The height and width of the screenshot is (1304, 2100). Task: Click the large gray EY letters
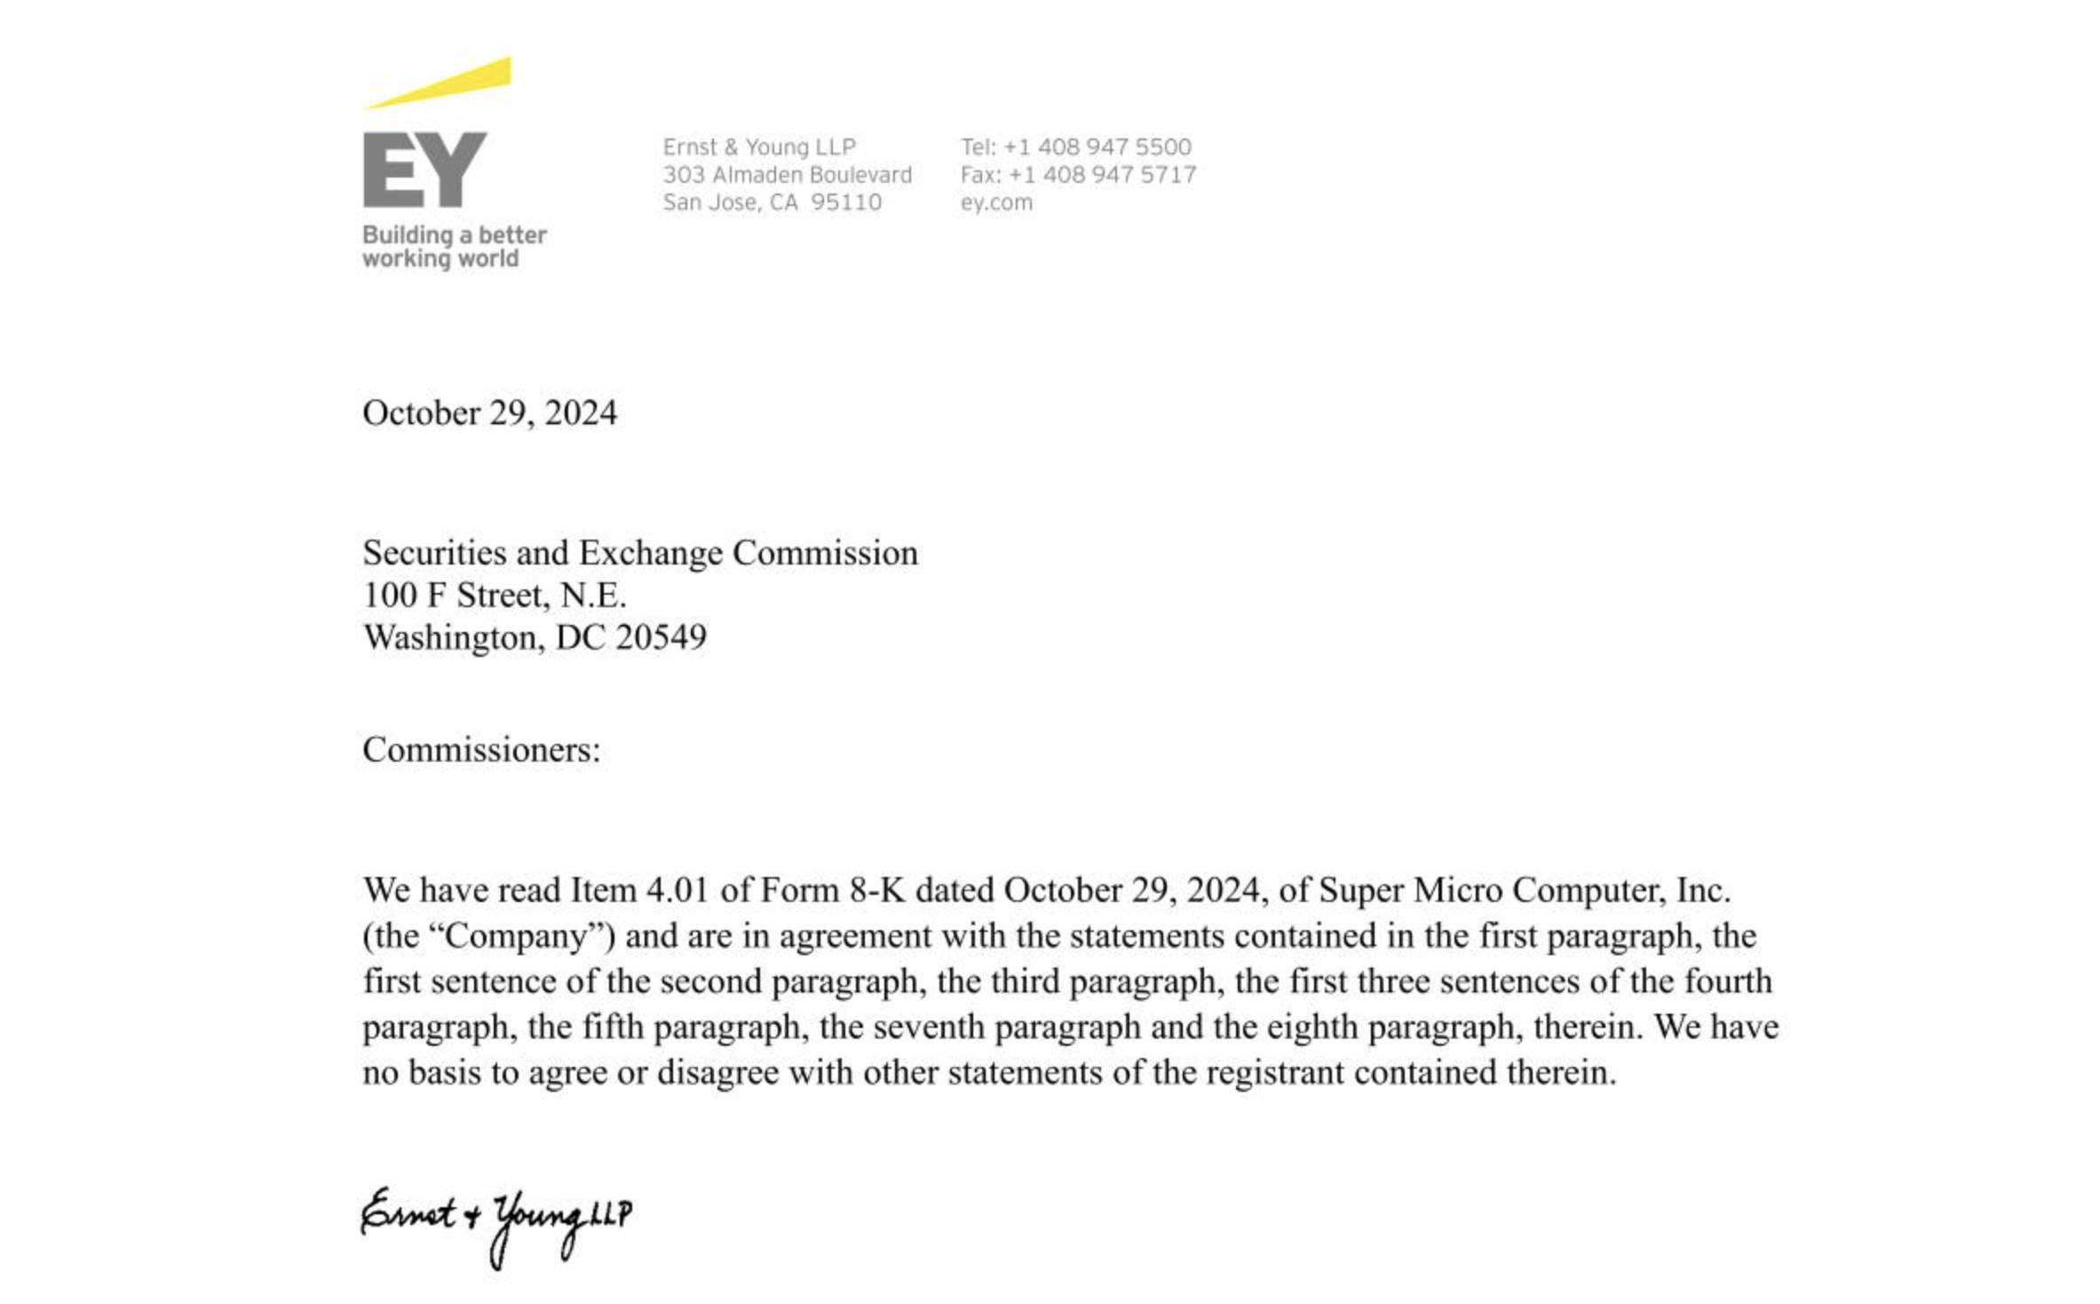pyautogui.click(x=424, y=170)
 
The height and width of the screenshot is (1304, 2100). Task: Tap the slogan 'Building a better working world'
pyautogui.click(x=454, y=247)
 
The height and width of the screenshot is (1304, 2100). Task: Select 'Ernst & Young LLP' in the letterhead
pyautogui.click(x=759, y=146)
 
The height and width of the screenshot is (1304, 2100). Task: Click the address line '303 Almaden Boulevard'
pyautogui.click(x=787, y=175)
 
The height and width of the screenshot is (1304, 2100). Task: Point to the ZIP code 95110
pyautogui.click(x=846, y=202)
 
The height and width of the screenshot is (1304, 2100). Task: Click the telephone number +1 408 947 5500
pyautogui.click(x=1097, y=146)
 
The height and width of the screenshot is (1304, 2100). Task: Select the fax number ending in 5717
pyautogui.click(x=1102, y=175)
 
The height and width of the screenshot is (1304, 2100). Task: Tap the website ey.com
pyautogui.click(x=996, y=202)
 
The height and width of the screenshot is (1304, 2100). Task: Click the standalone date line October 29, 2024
pyautogui.click(x=489, y=413)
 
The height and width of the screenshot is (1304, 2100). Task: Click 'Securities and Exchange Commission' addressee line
pyautogui.click(x=639, y=553)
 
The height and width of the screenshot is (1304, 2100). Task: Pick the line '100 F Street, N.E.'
pyautogui.click(x=495, y=595)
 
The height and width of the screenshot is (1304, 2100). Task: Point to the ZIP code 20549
pyautogui.click(x=662, y=637)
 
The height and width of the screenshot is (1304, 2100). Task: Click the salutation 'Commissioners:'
pyautogui.click(x=481, y=750)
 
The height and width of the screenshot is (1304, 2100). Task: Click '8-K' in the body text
pyautogui.click(x=877, y=890)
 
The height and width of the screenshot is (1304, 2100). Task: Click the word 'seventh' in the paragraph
pyautogui.click(x=929, y=1027)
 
